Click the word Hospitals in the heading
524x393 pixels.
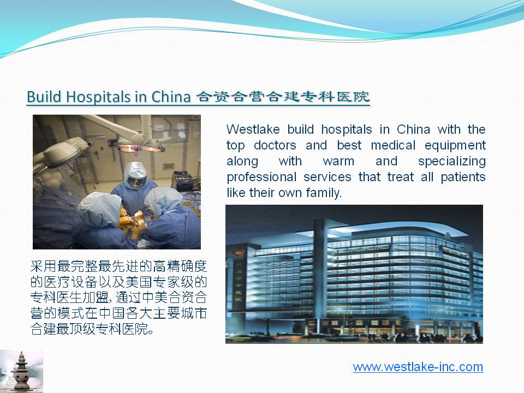[98, 97]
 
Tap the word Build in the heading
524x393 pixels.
[44, 97]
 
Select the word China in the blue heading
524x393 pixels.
[171, 97]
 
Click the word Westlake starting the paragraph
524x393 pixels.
[253, 129]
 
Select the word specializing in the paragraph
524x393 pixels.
[452, 162]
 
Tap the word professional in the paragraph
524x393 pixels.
[261, 177]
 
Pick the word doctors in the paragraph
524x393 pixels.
[275, 145]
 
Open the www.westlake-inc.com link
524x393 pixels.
[418, 367]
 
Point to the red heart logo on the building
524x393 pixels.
[238, 254]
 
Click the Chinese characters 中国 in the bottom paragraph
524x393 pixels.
[112, 313]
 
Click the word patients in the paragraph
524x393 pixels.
[463, 177]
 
